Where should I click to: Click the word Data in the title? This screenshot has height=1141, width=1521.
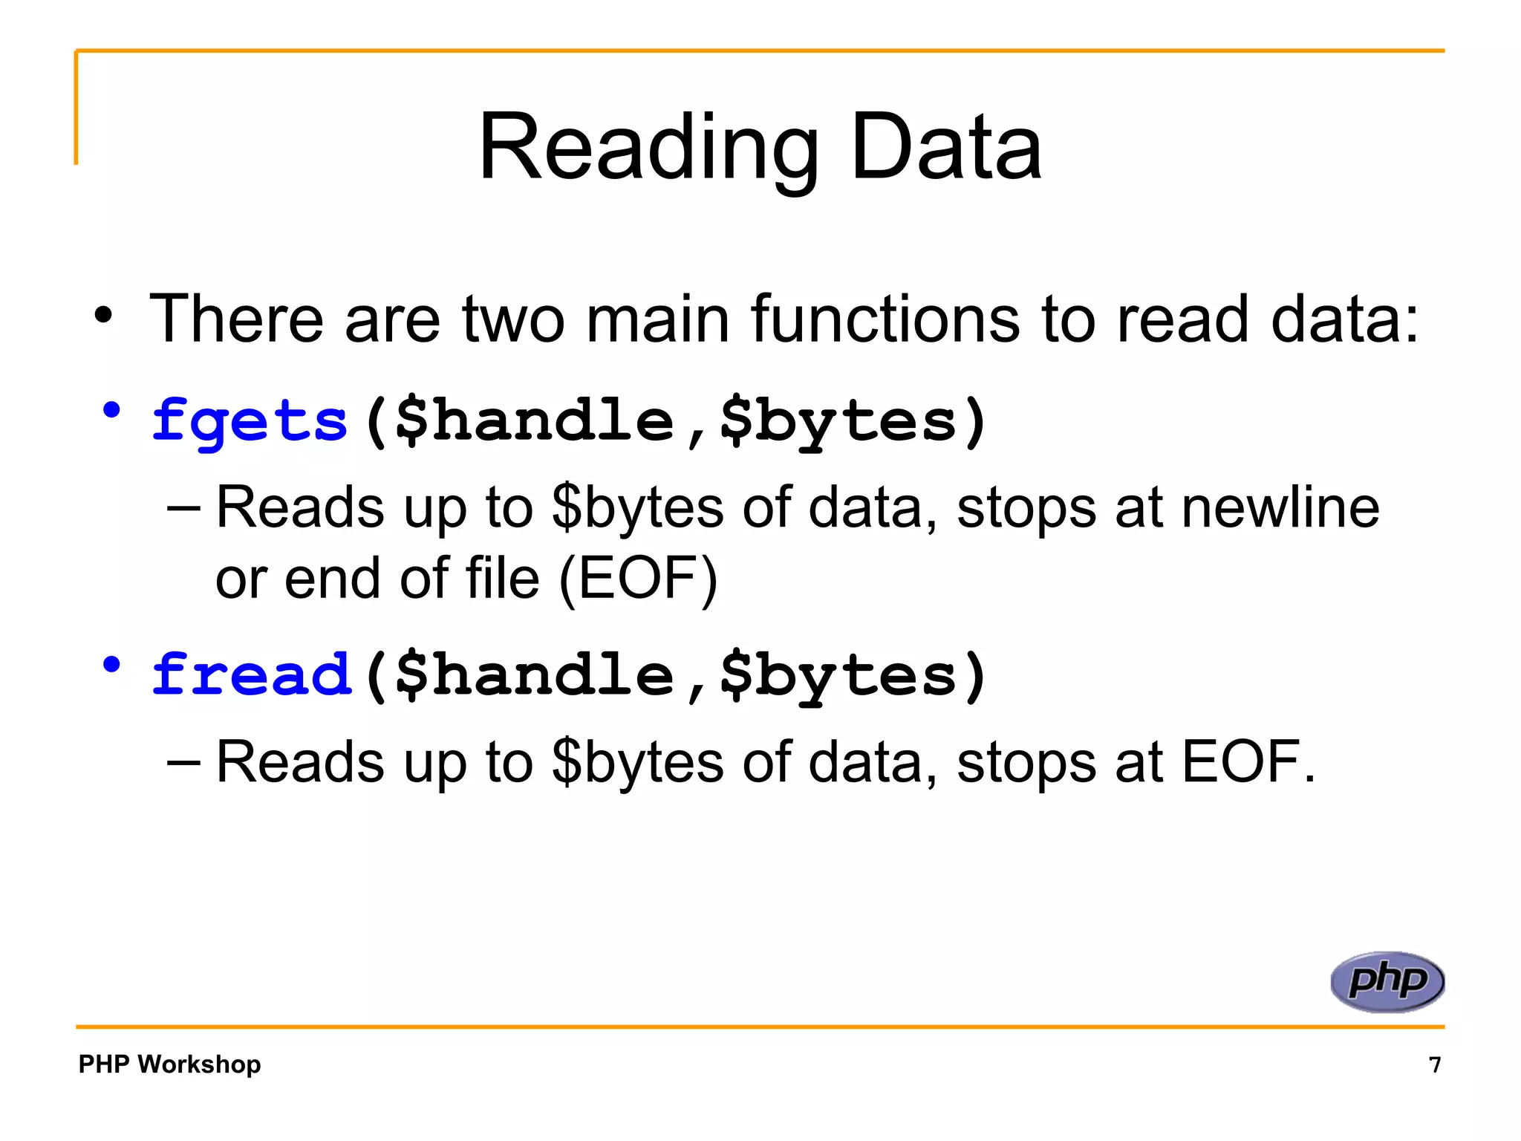pyautogui.click(x=946, y=149)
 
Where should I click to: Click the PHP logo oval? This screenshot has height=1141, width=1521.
pyautogui.click(x=1387, y=981)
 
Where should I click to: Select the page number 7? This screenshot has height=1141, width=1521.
pyautogui.click(x=1435, y=1064)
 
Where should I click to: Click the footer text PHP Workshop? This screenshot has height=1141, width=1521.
pyautogui.click(x=169, y=1064)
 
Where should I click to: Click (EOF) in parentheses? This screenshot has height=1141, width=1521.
pyautogui.click(x=638, y=579)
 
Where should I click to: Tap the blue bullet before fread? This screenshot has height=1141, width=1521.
pyautogui.click(x=111, y=664)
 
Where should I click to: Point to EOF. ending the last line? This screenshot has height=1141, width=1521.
pyautogui.click(x=1248, y=762)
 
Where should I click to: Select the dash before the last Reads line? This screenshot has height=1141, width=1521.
pyautogui.click(x=183, y=762)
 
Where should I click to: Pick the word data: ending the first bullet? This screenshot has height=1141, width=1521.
pyautogui.click(x=1344, y=319)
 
